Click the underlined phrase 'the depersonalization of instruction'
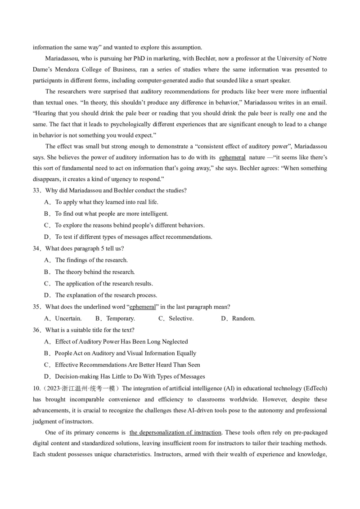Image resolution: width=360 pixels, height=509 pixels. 175,432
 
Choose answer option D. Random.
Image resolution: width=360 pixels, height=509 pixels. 238,318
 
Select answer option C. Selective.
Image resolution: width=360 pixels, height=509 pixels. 176,318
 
